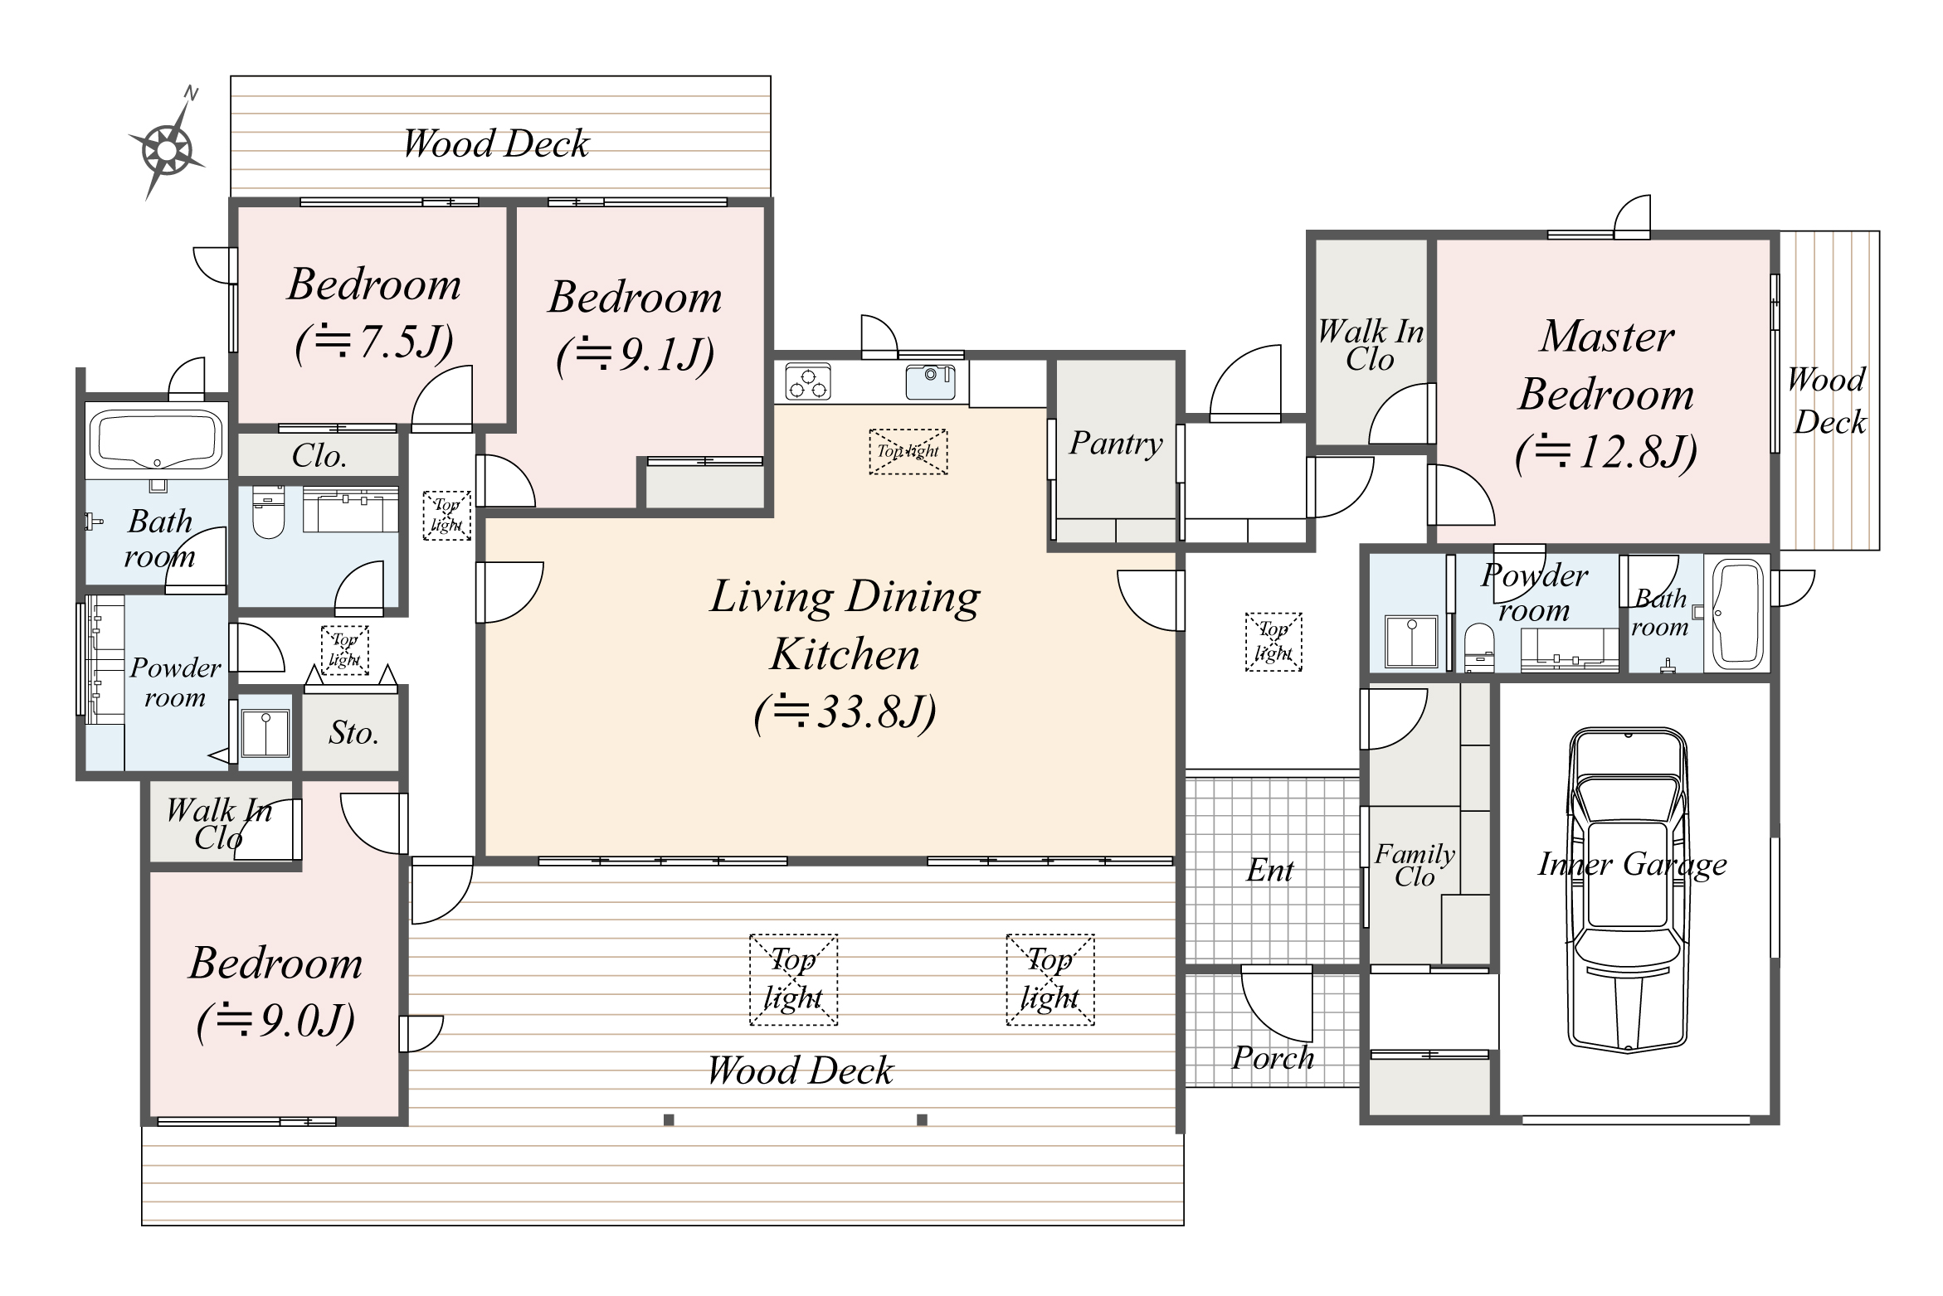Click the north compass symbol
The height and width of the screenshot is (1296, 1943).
tap(167, 150)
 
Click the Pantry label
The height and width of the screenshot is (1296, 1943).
tap(1115, 444)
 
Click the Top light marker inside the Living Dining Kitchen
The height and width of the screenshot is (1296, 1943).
tap(908, 452)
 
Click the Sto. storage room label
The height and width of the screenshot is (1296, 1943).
tap(353, 733)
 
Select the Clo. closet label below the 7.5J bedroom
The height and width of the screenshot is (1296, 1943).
tap(319, 456)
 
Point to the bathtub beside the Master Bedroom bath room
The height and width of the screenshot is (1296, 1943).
tap(1737, 614)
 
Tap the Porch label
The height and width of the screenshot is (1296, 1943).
tap(1272, 1058)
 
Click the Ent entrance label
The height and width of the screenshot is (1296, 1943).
tap(1269, 871)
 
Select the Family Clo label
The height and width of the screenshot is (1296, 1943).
tap(1415, 865)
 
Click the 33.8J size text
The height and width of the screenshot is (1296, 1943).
tap(845, 711)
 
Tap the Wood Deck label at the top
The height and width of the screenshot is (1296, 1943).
tap(495, 143)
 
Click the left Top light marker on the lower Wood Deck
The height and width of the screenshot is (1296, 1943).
tap(793, 979)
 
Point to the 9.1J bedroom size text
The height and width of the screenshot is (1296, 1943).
tap(635, 355)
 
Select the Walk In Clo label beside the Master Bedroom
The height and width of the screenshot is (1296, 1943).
tap(1370, 345)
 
